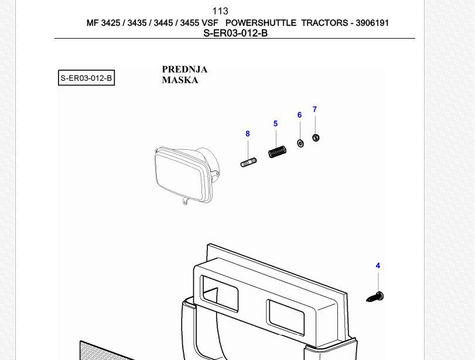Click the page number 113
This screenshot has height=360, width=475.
[x=220, y=11]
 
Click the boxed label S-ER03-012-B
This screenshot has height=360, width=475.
[x=86, y=78]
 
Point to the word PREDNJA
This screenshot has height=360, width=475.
[x=184, y=69]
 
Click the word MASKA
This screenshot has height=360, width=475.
[x=180, y=80]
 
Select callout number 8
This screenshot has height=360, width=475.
[x=248, y=134]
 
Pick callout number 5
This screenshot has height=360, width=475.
[x=275, y=124]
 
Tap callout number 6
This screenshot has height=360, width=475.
[x=299, y=115]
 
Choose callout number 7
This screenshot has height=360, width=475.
[x=315, y=109]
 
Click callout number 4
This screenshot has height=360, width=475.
[x=378, y=266]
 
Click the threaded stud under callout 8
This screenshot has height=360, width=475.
[x=248, y=162]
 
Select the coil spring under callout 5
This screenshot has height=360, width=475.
[x=277, y=152]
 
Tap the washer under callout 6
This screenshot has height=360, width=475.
[x=300, y=143]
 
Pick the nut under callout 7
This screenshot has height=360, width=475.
[x=316, y=138]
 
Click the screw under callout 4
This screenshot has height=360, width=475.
[x=375, y=297]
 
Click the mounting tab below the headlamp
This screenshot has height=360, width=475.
[x=186, y=203]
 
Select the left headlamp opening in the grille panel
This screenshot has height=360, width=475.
[x=219, y=293]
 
